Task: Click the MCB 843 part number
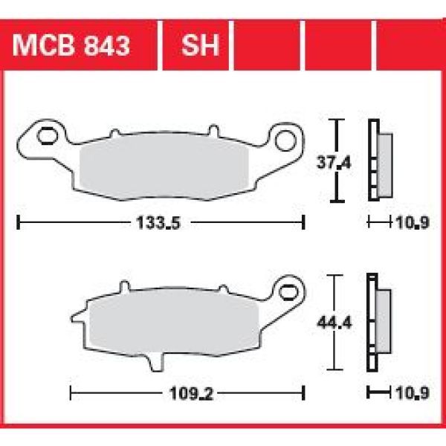click(x=71, y=45)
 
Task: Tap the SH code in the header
click(x=201, y=45)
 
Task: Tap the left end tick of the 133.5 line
click(x=18, y=222)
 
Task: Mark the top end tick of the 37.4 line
click(x=338, y=120)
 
